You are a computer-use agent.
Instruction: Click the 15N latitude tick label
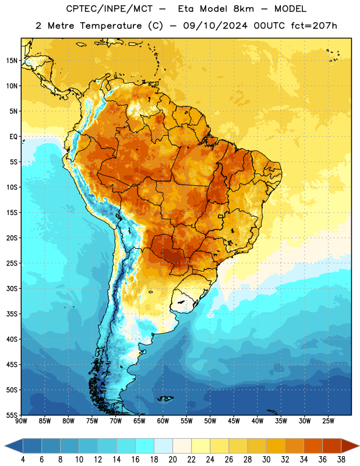pyautogui.click(x=12, y=61)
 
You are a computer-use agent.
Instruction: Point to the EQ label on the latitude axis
pyautogui.click(x=13, y=137)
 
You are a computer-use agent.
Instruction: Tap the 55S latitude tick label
pyautogui.click(x=12, y=415)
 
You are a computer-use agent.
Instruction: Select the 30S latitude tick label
pyautogui.click(x=12, y=288)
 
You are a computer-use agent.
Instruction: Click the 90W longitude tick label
pyautogui.click(x=21, y=421)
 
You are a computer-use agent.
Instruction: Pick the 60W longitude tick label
pyautogui.click(x=163, y=421)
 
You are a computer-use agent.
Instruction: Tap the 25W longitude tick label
pyautogui.click(x=328, y=421)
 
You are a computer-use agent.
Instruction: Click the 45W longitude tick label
pyautogui.click(x=234, y=421)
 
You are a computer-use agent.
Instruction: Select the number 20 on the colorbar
pyautogui.click(x=172, y=460)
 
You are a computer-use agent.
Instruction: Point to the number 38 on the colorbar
pyautogui.click(x=341, y=460)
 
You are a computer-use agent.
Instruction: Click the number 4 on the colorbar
pyautogui.click(x=23, y=460)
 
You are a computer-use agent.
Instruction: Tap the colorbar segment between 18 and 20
pyautogui.click(x=163, y=446)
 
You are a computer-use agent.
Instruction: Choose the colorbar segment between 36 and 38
pyautogui.click(x=332, y=446)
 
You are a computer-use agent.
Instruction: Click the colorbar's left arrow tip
pyautogui.click(x=5, y=446)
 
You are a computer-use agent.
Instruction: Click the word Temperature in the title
pyautogui.click(x=111, y=26)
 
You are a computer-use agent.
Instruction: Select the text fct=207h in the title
pyautogui.click(x=314, y=26)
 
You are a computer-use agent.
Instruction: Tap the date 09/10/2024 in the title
pyautogui.click(x=215, y=26)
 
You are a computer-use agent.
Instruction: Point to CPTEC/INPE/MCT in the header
pyautogui.click(x=110, y=9)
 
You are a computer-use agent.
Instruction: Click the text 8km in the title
pyautogui.click(x=243, y=9)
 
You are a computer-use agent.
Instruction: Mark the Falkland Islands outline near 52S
pyautogui.click(x=165, y=398)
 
